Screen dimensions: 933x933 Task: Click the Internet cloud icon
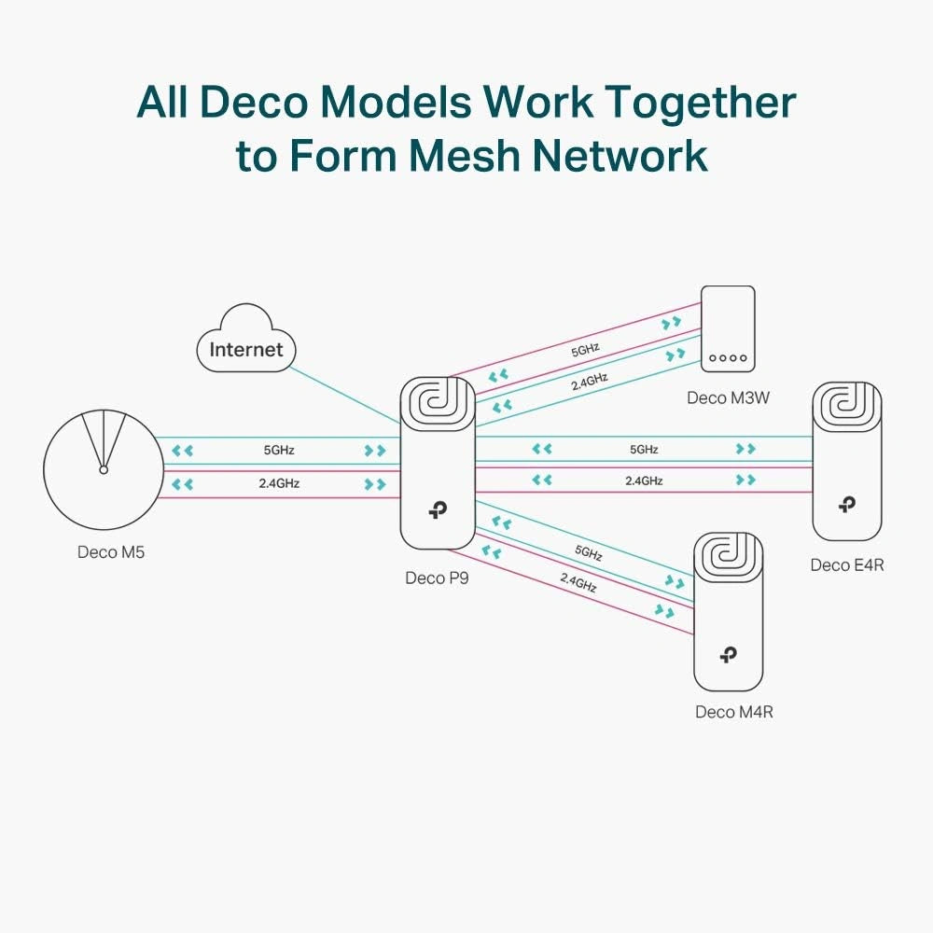pyautogui.click(x=245, y=348)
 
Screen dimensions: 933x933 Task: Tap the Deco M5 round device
pyautogui.click(x=103, y=468)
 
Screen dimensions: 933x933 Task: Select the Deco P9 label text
pyautogui.click(x=437, y=578)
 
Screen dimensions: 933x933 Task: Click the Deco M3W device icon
pyautogui.click(x=728, y=328)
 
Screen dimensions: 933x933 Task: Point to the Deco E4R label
pyautogui.click(x=846, y=564)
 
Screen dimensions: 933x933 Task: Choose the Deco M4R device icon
pyautogui.click(x=728, y=611)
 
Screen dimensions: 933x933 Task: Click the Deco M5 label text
pyautogui.click(x=111, y=552)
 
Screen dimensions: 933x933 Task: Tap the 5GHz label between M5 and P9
pyautogui.click(x=279, y=450)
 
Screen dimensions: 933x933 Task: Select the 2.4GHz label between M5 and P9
pyautogui.click(x=279, y=484)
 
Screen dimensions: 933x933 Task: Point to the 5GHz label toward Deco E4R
pyautogui.click(x=644, y=449)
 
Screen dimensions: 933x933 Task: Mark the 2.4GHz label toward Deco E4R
pyautogui.click(x=644, y=480)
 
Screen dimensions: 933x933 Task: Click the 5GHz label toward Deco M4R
pyautogui.click(x=588, y=552)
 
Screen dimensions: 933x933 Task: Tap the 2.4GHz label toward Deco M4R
pyautogui.click(x=578, y=582)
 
